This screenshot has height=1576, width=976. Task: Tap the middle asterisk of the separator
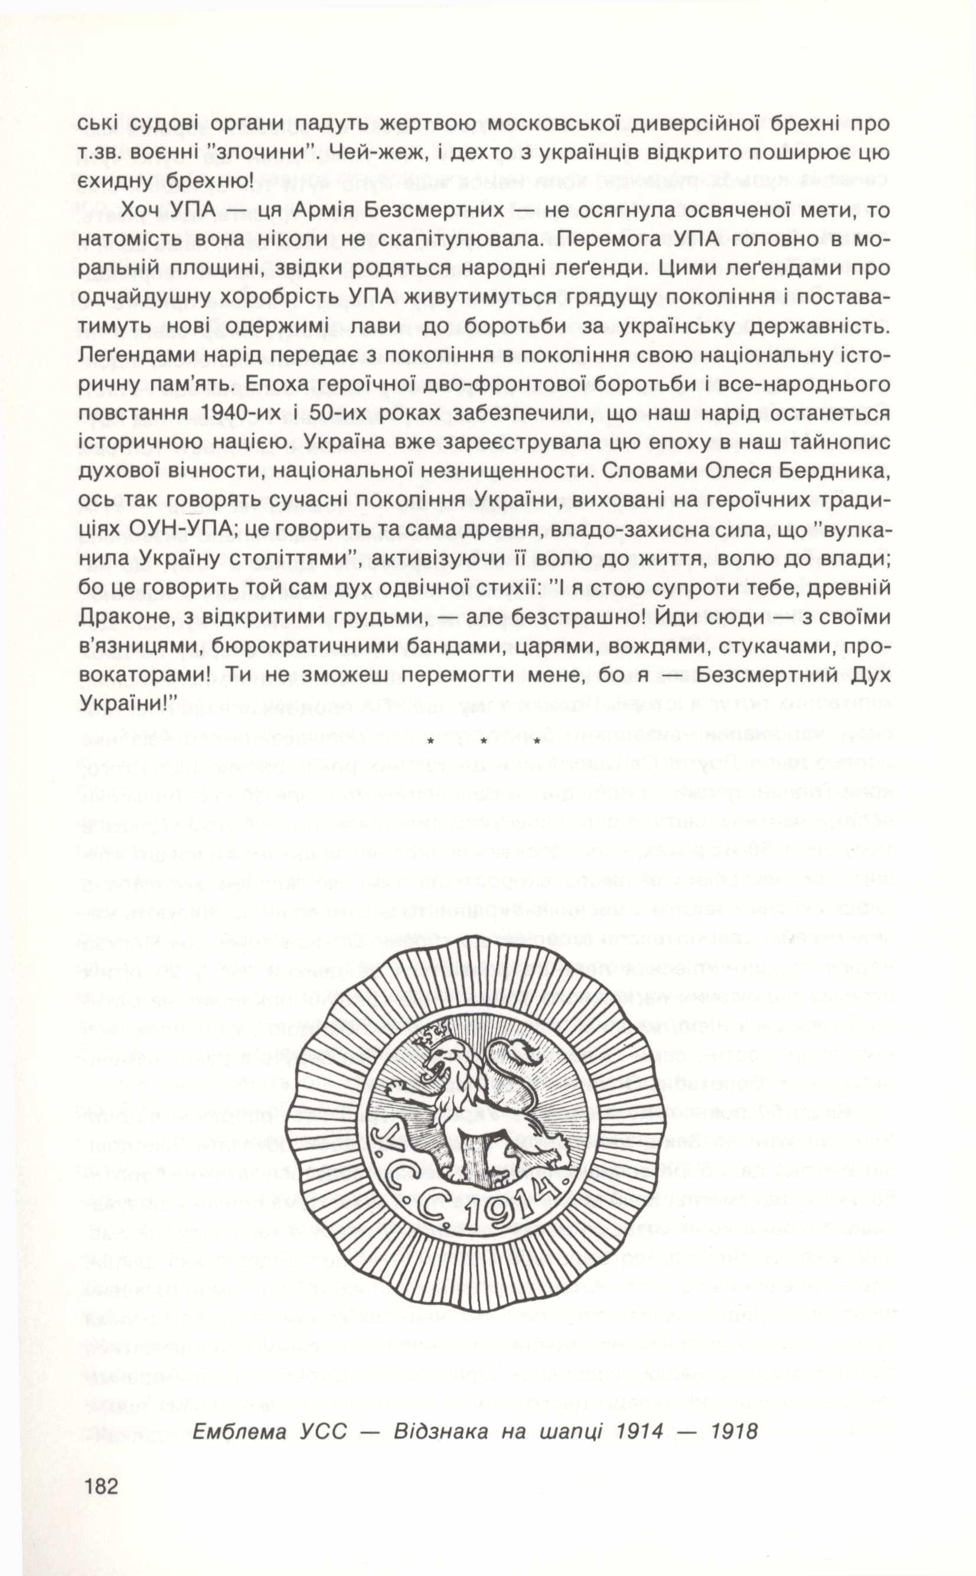point(483,741)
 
